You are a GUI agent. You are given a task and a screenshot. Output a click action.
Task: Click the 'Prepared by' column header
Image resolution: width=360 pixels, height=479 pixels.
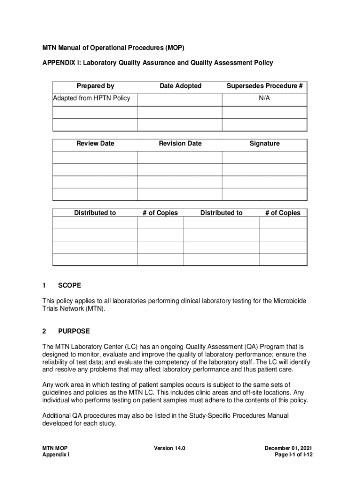[x=95, y=86]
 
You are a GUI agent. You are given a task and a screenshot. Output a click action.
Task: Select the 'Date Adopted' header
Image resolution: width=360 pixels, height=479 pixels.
[x=180, y=86]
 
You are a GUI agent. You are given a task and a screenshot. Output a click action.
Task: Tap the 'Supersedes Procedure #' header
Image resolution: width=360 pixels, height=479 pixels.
[x=265, y=86]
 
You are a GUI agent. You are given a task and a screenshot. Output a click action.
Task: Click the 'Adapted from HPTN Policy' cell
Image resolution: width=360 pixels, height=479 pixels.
[x=92, y=98]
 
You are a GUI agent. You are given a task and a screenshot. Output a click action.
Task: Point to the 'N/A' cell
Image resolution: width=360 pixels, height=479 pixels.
[x=264, y=98]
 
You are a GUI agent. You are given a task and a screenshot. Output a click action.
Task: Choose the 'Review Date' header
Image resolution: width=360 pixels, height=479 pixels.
[x=95, y=144]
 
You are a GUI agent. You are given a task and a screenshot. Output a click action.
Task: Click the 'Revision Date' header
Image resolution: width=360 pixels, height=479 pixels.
[x=180, y=144]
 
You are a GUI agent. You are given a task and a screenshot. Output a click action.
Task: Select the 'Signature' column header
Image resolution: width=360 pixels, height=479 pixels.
[x=264, y=144]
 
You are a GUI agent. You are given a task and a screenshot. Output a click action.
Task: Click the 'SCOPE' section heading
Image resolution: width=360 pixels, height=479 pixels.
[x=70, y=285]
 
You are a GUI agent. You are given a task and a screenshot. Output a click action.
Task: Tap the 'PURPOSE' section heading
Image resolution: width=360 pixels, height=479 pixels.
[x=74, y=331]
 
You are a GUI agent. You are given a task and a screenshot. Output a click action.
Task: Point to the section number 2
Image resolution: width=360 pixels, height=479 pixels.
[x=44, y=331]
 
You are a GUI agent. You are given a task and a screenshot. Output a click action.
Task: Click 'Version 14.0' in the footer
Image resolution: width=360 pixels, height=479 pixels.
[x=170, y=448]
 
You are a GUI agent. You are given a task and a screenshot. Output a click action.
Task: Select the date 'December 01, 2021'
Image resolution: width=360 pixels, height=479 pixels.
[x=288, y=448]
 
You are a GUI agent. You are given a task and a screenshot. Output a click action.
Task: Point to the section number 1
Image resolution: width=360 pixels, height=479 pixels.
[x=44, y=285]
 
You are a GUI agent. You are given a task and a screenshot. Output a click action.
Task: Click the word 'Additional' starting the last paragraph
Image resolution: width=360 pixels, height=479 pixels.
[x=56, y=415]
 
